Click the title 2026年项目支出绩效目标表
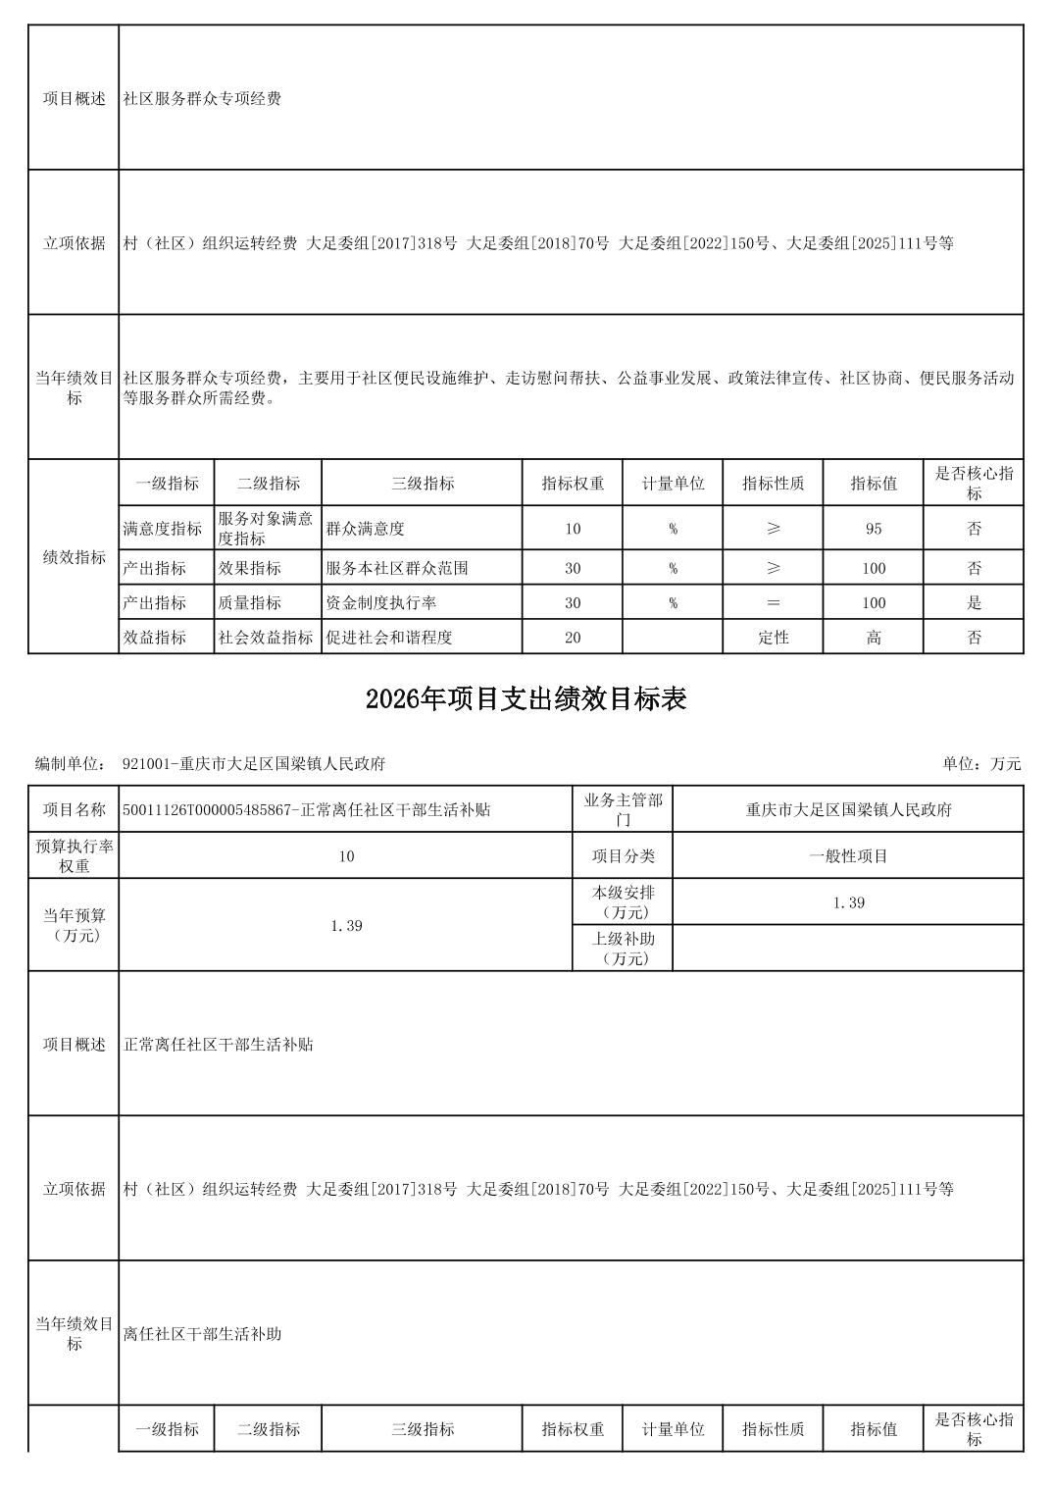(526, 698)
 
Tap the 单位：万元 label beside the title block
(981, 763)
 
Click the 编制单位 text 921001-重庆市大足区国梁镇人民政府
(254, 763)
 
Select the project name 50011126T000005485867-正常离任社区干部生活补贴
(307, 809)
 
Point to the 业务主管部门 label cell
(623, 809)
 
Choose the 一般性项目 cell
(848, 855)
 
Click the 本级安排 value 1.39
(848, 902)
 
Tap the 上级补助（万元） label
(623, 948)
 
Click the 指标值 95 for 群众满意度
(873, 529)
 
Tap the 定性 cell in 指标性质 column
(773, 637)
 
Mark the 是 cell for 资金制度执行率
(974, 602)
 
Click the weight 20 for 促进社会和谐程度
(573, 637)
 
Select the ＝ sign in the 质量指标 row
(773, 602)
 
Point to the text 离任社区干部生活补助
(203, 1333)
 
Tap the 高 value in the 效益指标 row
(873, 637)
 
